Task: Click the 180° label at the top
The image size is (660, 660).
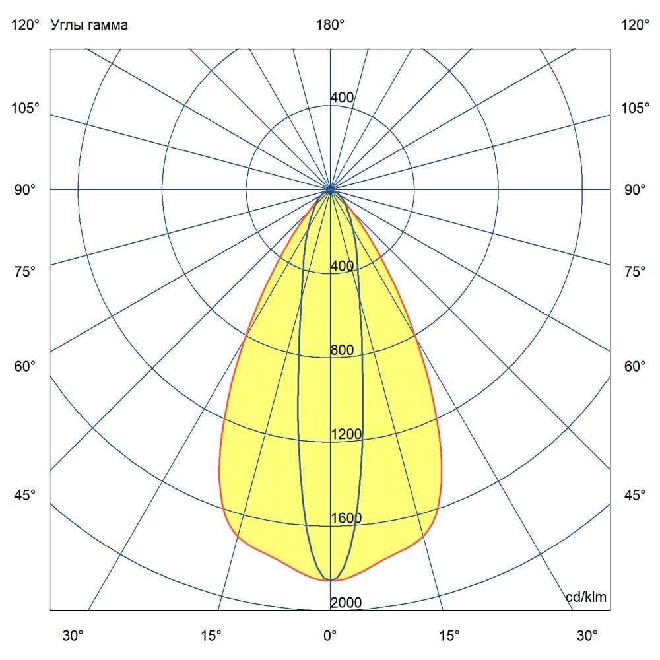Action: (x=330, y=25)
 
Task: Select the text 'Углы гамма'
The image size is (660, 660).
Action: (x=89, y=25)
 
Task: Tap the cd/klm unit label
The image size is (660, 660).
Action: (x=586, y=597)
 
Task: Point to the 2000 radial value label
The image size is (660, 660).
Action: (x=346, y=603)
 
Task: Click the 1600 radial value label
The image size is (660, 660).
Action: (x=346, y=518)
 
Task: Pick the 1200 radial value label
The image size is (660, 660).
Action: (x=346, y=434)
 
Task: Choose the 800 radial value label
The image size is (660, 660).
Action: (x=342, y=350)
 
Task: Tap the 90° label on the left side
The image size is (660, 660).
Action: (x=25, y=190)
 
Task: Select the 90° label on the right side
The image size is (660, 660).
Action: (x=635, y=190)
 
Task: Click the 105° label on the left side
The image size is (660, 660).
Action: (x=25, y=108)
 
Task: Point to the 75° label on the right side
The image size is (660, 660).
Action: (x=635, y=271)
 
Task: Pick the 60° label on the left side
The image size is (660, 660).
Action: (x=25, y=366)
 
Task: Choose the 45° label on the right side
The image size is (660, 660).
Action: (x=635, y=496)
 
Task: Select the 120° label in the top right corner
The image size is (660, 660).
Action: (x=635, y=25)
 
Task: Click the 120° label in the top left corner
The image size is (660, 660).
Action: (x=25, y=25)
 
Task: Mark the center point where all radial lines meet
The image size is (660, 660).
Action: (x=330, y=189)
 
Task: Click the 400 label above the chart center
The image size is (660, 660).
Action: (x=342, y=98)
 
